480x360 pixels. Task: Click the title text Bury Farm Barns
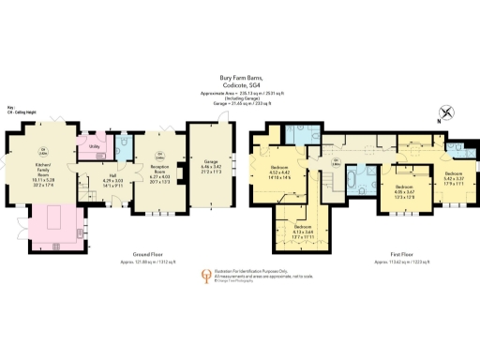[x=239, y=79]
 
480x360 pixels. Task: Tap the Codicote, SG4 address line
[x=239, y=85]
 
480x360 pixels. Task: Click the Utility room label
[x=95, y=147]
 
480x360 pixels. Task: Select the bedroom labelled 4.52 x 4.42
[x=278, y=172]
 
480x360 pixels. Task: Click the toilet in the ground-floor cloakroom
[x=124, y=147]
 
